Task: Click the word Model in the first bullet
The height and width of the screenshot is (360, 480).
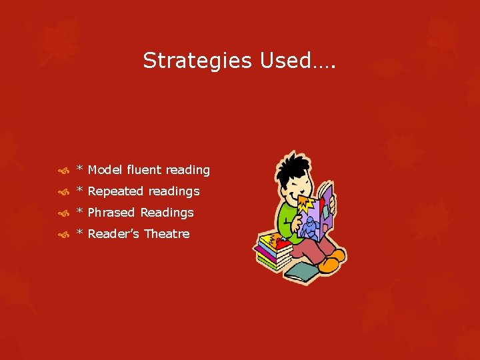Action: tap(103, 170)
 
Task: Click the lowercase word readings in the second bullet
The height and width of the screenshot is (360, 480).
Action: tap(174, 191)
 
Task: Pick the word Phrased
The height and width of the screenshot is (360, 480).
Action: tap(112, 213)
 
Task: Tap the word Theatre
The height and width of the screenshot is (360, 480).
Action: tap(167, 234)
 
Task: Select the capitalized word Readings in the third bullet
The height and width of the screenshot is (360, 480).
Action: tap(167, 213)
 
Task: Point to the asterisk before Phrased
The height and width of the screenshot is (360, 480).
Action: tap(80, 212)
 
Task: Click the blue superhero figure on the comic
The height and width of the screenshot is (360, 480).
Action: tap(311, 227)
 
